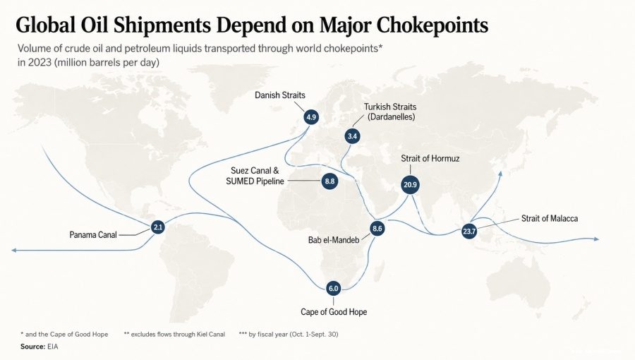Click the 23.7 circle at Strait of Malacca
(x=469, y=232)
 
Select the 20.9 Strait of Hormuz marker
(x=410, y=185)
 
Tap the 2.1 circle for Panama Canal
(x=157, y=227)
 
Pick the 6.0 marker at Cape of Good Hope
(x=333, y=288)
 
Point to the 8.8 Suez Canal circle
(x=329, y=181)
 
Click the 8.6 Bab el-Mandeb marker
(x=377, y=229)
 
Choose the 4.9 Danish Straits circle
(x=311, y=117)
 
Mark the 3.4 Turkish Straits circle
(x=352, y=136)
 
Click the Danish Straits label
(x=280, y=95)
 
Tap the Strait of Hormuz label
(x=430, y=158)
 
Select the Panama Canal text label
(x=92, y=235)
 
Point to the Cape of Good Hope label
(x=334, y=312)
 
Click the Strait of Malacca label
(x=550, y=219)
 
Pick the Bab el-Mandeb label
(x=334, y=240)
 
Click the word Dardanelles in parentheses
(x=391, y=117)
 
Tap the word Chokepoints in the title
(x=432, y=25)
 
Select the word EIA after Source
(x=53, y=347)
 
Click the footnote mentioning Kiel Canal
(x=174, y=334)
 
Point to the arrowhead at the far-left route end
(x=14, y=251)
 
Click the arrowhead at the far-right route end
(x=596, y=239)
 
